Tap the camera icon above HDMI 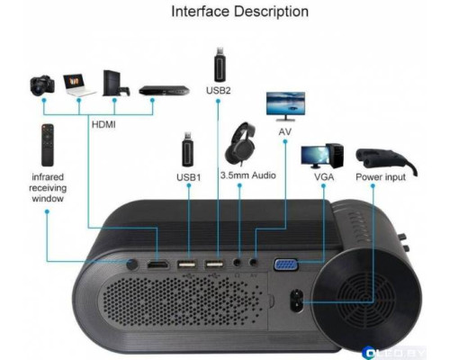[x=41, y=85]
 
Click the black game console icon [x=113, y=84]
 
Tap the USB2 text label [x=220, y=90]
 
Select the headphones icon [x=242, y=142]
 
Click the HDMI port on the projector [x=158, y=266]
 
